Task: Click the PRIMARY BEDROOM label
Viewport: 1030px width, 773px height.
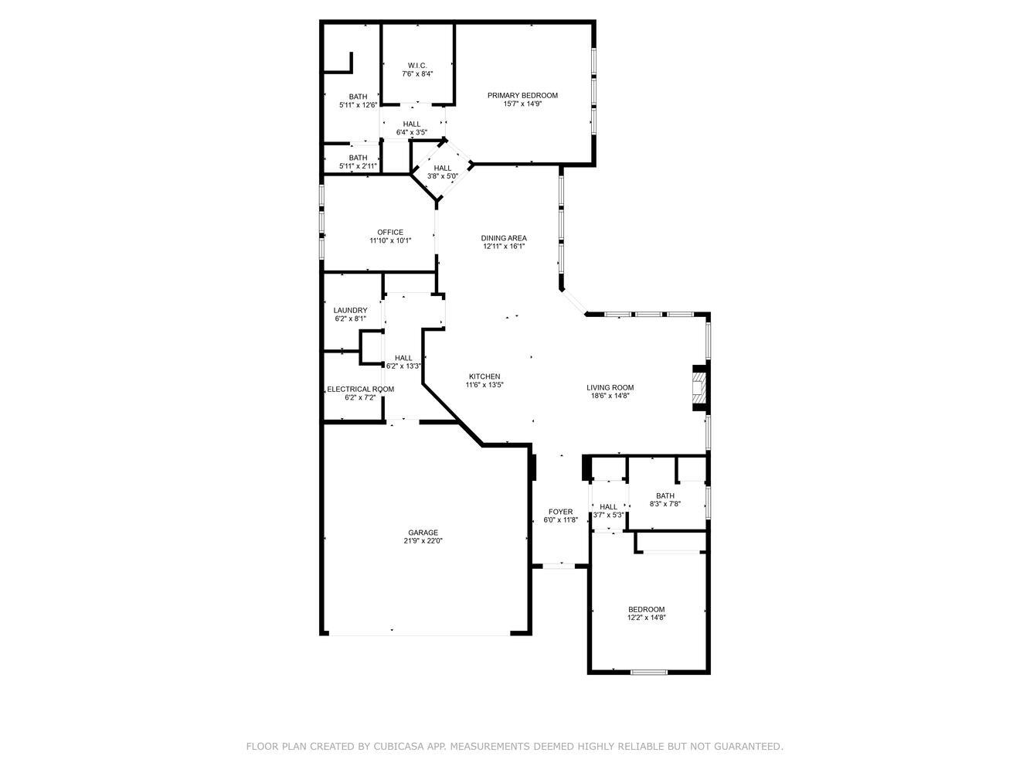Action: (522, 95)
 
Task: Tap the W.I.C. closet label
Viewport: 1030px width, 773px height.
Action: (417, 65)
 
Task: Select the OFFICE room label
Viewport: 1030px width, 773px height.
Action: (390, 232)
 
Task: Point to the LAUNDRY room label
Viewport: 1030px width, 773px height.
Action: (350, 310)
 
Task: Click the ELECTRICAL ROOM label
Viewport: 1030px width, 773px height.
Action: (360, 389)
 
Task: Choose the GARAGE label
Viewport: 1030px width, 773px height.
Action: (423, 532)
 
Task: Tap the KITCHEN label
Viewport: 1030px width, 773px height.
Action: (484, 376)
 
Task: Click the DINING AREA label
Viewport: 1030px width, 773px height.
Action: (504, 238)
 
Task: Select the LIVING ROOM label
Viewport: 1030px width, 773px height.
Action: (610, 388)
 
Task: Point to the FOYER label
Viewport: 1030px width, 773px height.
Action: (560, 512)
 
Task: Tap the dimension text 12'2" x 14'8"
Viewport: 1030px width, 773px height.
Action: (646, 618)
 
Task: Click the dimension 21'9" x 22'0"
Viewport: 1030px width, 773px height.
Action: (423, 541)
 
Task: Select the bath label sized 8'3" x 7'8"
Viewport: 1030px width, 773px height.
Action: (665, 496)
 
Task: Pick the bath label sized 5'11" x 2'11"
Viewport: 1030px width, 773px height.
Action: (358, 158)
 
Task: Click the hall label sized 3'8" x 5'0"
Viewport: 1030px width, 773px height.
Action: (443, 168)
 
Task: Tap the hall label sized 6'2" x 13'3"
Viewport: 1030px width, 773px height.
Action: (403, 358)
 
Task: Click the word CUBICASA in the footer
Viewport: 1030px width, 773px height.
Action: (398, 746)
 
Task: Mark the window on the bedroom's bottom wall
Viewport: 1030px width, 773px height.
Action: (649, 672)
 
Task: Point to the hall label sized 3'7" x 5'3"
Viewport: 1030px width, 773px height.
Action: (609, 507)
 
